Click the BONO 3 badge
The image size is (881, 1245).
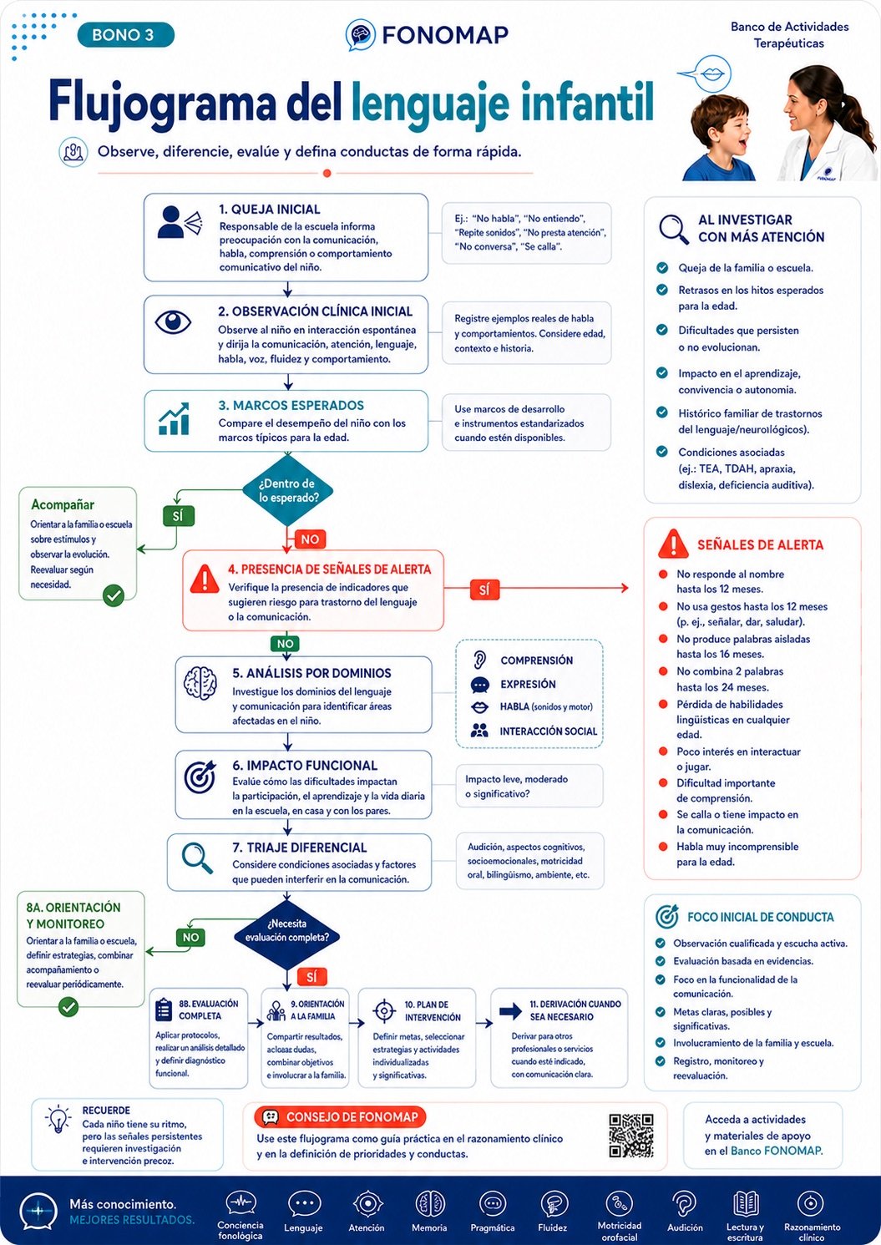(125, 35)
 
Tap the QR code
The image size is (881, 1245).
(630, 1136)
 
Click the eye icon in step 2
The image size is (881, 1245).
(173, 322)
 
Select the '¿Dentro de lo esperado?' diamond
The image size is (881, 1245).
(287, 491)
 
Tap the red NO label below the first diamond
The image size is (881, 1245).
(310, 539)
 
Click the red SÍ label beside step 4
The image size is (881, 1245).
(484, 590)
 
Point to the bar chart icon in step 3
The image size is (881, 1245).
(174, 418)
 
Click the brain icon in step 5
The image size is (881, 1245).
(200, 682)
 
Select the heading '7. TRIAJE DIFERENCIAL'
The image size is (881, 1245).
(300, 848)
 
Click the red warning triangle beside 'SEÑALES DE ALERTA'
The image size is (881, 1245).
(673, 544)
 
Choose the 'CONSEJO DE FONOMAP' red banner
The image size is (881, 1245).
(340, 1117)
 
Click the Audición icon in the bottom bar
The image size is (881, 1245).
(685, 1204)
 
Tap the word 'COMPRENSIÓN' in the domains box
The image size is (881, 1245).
(536, 660)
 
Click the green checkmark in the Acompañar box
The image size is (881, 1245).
(114, 596)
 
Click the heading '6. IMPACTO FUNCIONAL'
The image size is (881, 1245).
(305, 766)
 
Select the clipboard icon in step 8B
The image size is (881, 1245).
(164, 1010)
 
